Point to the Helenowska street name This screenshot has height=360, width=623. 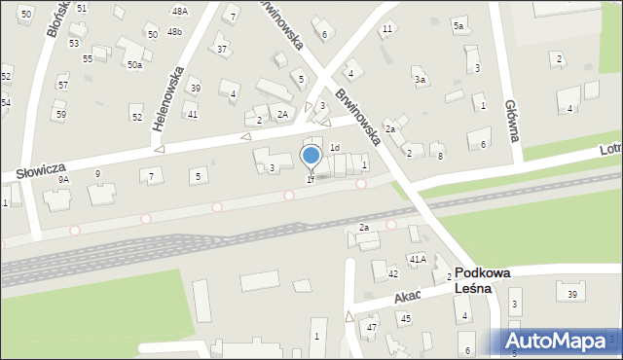click(168, 107)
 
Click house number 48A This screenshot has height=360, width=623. click(179, 11)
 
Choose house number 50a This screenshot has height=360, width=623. click(134, 64)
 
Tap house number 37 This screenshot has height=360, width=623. click(222, 49)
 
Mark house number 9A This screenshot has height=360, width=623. click(63, 180)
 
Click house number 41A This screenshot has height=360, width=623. click(418, 259)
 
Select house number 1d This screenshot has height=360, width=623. click(335, 148)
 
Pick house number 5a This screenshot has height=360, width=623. click(458, 26)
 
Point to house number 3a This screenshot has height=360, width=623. click(420, 80)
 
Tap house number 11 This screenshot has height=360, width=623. click(387, 28)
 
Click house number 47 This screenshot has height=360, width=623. click(371, 328)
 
